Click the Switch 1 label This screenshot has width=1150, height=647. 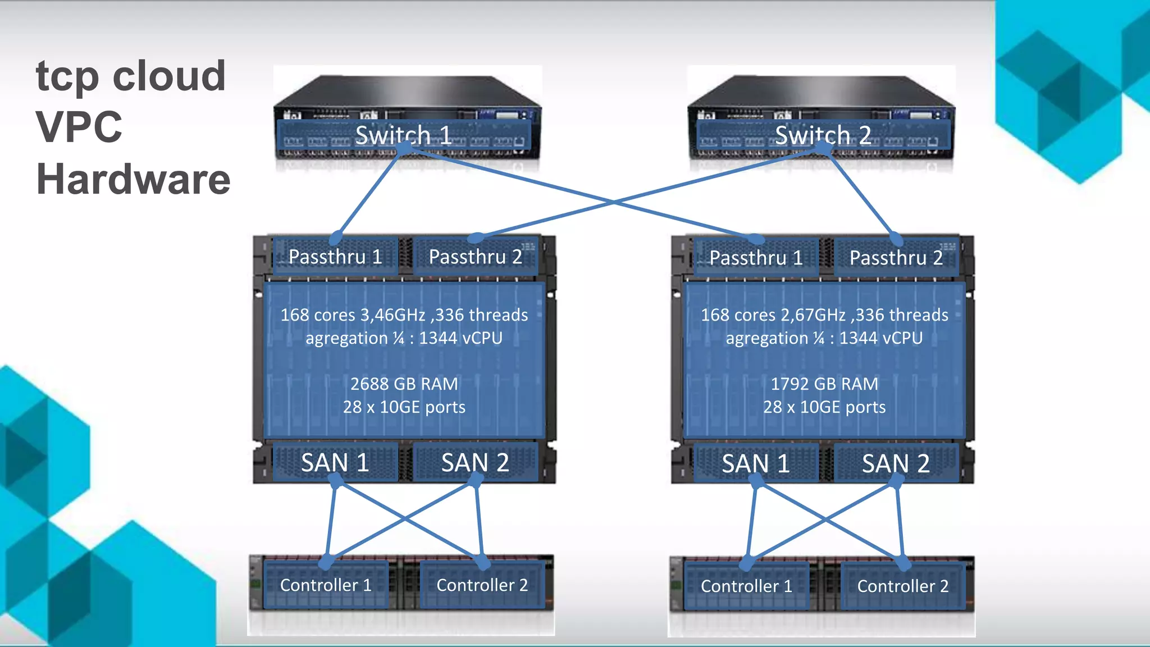[x=403, y=135]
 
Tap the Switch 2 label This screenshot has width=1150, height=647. [x=823, y=135]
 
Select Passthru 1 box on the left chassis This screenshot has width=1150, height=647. [x=335, y=257]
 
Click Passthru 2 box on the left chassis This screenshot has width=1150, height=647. [x=476, y=257]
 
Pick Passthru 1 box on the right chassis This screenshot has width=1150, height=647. [x=756, y=258]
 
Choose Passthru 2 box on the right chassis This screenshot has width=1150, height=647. [x=896, y=258]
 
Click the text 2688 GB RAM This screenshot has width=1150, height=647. [x=404, y=384]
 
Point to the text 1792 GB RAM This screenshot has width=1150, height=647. [x=824, y=384]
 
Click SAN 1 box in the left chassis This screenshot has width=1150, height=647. [x=335, y=463]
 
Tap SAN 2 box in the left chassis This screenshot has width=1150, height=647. [x=476, y=463]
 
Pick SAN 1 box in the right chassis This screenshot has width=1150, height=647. [x=756, y=464]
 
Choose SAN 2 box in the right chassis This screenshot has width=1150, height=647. [x=896, y=464]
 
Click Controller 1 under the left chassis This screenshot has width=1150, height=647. [x=326, y=585]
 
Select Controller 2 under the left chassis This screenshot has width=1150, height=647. [x=482, y=585]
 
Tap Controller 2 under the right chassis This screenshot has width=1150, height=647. [x=902, y=586]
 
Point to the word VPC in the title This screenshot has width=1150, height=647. [x=79, y=127]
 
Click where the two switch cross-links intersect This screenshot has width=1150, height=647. [x=613, y=202]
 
